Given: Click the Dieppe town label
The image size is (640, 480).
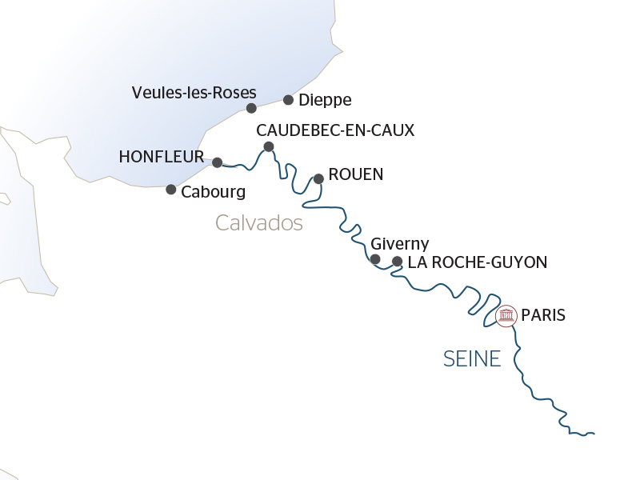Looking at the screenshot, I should point(324,101).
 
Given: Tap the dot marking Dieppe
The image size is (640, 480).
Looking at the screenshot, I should point(288,100).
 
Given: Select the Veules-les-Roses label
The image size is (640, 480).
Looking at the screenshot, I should point(194,93).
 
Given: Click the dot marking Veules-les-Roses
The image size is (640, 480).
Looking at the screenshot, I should point(251,108).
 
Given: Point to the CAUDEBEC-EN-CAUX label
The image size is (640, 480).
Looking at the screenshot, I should point(335,130).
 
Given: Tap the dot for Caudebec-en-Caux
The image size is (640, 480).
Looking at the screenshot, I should point(269,146).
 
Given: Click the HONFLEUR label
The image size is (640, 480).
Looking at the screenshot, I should point(161,157).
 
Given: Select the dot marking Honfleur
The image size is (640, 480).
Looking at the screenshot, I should point(217,162).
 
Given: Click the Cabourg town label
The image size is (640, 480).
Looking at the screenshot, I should point(213,192).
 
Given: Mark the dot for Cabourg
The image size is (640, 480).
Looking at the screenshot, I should point(170,190).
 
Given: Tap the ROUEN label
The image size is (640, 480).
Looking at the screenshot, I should point(356,174).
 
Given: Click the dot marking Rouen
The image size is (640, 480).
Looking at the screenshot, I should point(318,178).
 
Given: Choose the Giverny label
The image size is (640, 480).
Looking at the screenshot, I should point(400,244).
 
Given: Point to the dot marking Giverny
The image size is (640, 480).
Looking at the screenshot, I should point(375,258).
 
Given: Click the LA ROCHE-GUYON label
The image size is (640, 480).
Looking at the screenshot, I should point(477,262).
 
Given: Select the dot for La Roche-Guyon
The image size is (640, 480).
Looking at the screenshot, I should point(397,261).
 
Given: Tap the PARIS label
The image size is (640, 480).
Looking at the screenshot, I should point(542,315).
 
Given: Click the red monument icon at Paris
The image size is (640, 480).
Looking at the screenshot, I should point(506,316).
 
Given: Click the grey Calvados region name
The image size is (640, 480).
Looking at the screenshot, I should point(259,223).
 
